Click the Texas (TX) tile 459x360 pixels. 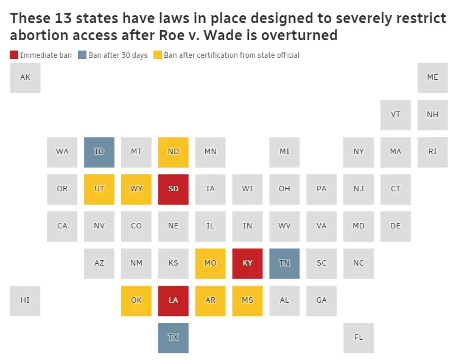click(x=173, y=337)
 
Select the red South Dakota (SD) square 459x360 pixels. click(x=173, y=189)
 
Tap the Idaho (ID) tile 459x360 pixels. click(x=99, y=152)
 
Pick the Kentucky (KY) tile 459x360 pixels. click(x=247, y=264)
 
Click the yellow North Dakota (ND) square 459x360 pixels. click(x=173, y=152)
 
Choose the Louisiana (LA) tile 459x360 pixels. click(x=173, y=301)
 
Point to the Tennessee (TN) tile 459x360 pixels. click(x=284, y=264)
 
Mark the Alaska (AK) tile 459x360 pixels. click(x=25, y=77)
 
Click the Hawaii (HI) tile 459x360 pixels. click(x=25, y=301)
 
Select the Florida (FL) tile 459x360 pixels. click(x=359, y=337)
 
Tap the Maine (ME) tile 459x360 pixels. click(x=433, y=77)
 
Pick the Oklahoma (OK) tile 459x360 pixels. click(x=136, y=301)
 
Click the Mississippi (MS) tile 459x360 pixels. click(x=247, y=301)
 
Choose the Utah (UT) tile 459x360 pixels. click(x=99, y=189)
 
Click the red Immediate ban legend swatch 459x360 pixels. click(x=14, y=55)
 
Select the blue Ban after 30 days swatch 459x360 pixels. click(x=82, y=55)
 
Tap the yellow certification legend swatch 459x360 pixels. click(x=158, y=55)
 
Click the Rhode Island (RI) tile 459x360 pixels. click(x=433, y=152)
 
